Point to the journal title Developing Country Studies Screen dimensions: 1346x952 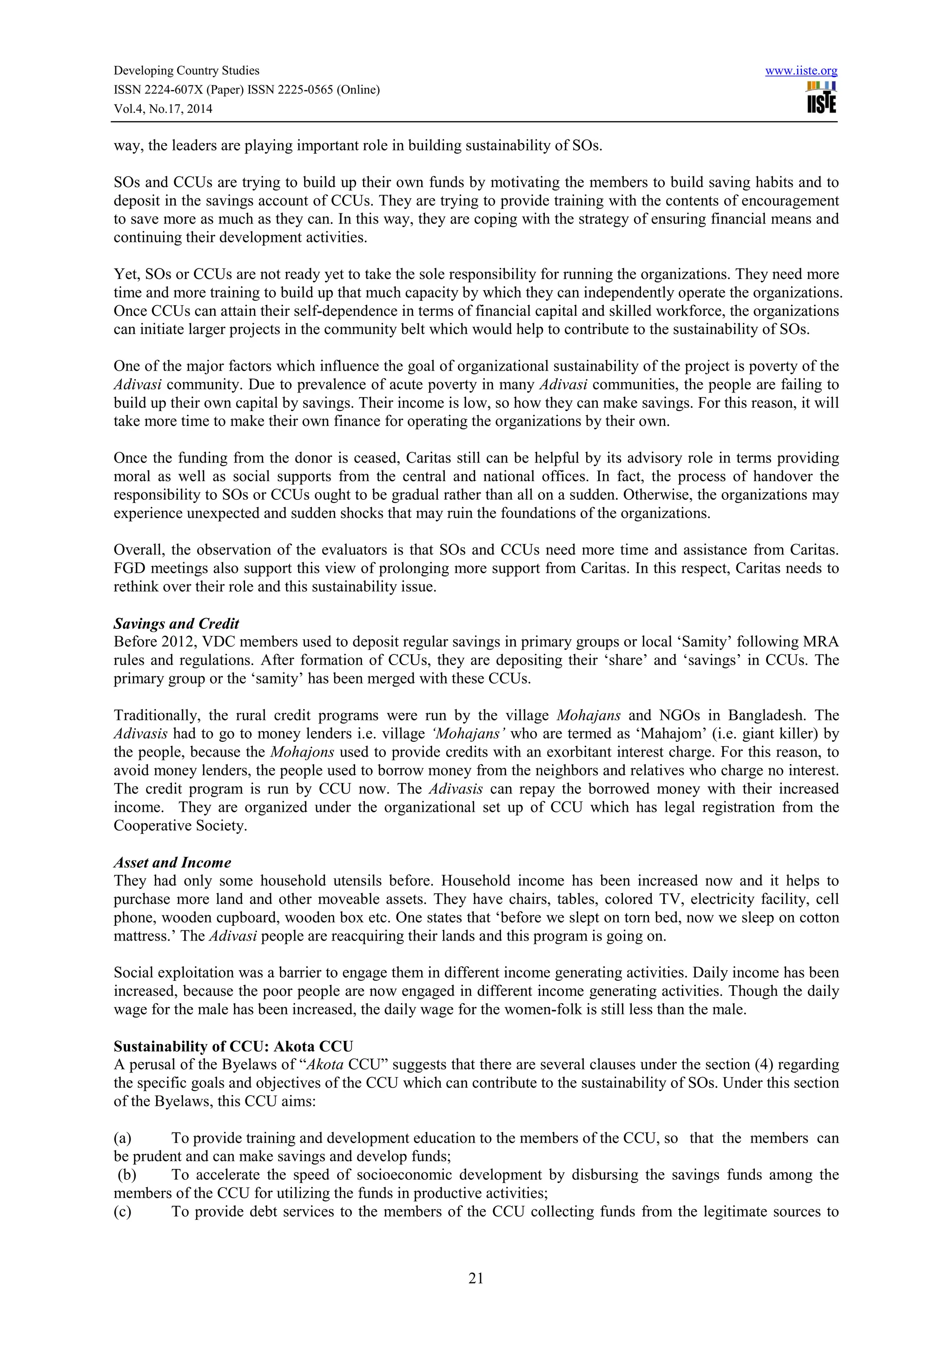pos(186,71)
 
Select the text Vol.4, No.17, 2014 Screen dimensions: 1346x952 pos(163,109)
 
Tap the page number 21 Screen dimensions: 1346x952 pos(476,1278)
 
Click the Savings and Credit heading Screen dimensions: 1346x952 pos(176,623)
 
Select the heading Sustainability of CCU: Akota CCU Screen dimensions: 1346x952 pos(233,1046)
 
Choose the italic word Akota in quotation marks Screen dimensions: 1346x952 pos(325,1064)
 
